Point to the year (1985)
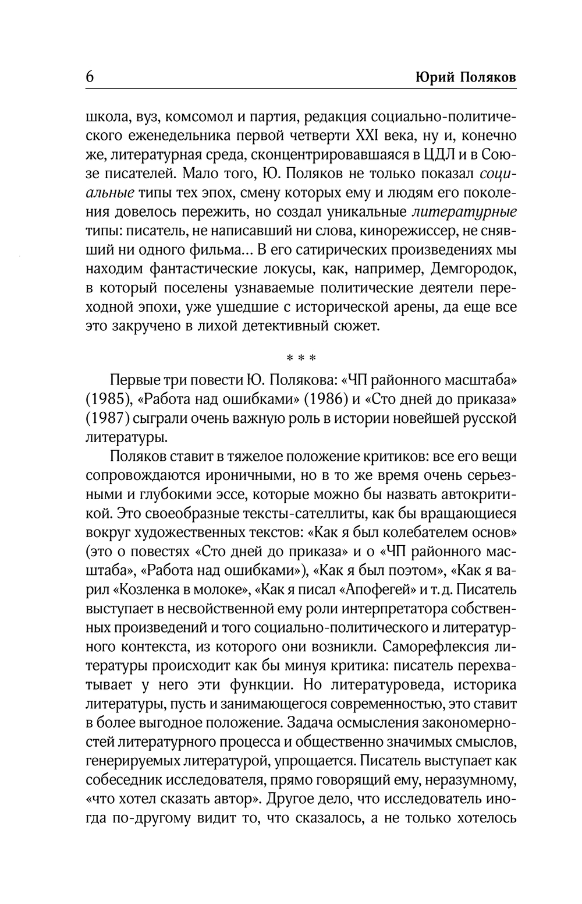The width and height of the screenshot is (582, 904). pos(109,400)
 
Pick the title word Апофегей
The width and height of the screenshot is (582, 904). pos(381,589)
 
